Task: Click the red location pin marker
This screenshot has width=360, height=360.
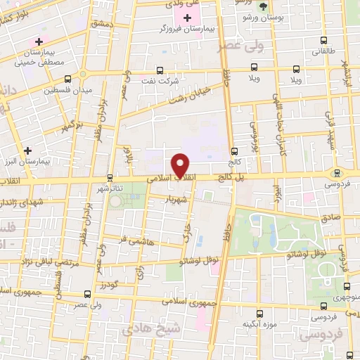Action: pyautogui.click(x=181, y=165)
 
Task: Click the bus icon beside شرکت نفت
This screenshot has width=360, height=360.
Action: pyautogui.click(x=160, y=70)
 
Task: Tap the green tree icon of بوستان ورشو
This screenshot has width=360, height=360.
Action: pyautogui.click(x=263, y=6)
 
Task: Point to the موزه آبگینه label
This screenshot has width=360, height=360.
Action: pyautogui.click(x=257, y=323)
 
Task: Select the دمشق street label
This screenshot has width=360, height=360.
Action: pyautogui.click(x=101, y=24)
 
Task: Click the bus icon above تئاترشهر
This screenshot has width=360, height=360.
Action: pyautogui.click(x=109, y=178)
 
